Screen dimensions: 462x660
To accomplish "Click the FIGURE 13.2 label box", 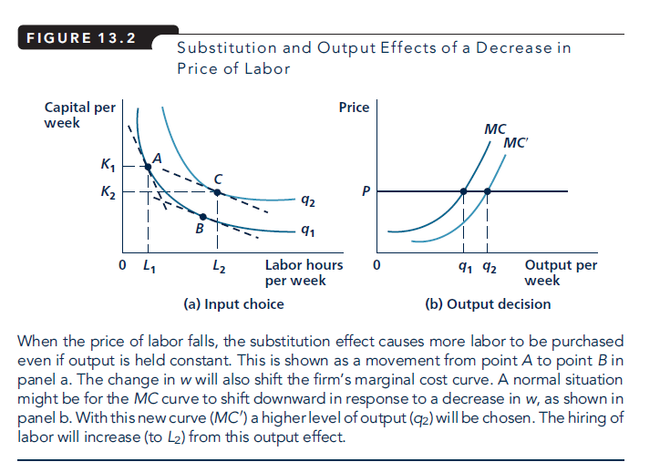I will (81, 39).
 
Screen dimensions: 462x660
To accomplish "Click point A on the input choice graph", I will (149, 166).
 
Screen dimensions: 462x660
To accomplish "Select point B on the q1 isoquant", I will (202, 217).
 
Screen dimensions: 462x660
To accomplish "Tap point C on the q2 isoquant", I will (216, 191).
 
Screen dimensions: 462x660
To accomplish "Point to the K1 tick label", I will (108, 166).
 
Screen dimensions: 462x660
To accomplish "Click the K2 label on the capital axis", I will (108, 192).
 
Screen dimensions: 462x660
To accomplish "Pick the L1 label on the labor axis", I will (149, 267).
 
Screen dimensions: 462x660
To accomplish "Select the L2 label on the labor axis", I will (217, 267).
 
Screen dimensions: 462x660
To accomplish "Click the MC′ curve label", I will (516, 143).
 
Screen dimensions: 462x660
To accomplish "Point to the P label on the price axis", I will (366, 192).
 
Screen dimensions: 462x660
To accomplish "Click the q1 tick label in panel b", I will (464, 267).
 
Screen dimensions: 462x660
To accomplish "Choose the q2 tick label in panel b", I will (489, 267).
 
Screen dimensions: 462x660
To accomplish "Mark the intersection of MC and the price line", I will (464, 191).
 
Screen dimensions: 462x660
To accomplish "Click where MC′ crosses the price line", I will (488, 191).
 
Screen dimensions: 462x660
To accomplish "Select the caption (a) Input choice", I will (234, 303).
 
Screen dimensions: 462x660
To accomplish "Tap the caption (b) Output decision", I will (488, 303).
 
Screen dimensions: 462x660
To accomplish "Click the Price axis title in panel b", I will (354, 108).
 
